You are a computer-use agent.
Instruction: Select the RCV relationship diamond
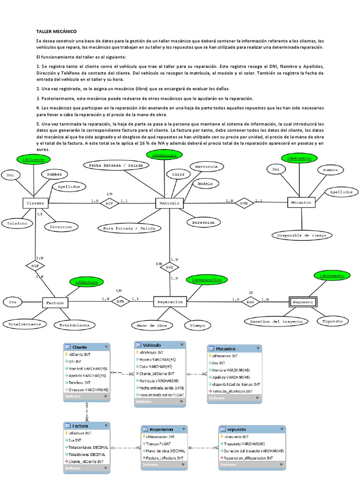click(109, 203)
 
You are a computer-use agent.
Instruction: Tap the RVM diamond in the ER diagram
click(244, 203)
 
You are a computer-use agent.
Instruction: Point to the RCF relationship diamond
click(35, 266)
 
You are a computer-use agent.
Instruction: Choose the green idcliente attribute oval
click(33, 160)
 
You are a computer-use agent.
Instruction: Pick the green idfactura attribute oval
click(86, 281)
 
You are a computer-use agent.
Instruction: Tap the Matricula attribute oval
click(206, 166)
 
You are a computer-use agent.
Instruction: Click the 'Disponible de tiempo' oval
click(302, 235)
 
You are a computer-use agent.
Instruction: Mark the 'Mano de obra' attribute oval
click(148, 325)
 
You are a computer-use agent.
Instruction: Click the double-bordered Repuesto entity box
click(302, 302)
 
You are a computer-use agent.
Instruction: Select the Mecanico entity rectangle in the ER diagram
click(301, 202)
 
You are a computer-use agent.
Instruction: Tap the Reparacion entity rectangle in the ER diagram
click(170, 302)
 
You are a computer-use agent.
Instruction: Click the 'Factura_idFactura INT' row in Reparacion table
click(164, 457)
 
